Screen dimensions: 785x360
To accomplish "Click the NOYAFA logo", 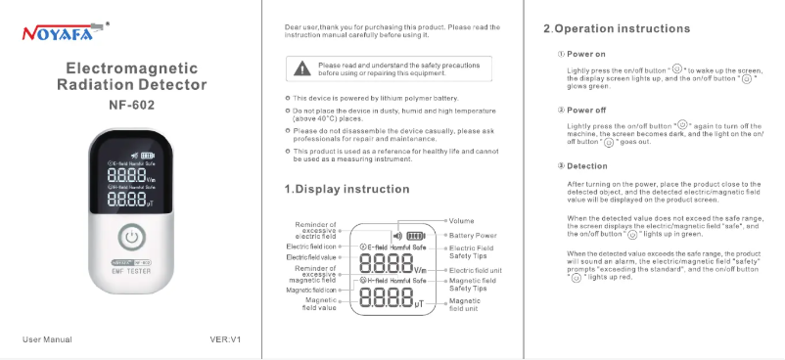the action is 66,31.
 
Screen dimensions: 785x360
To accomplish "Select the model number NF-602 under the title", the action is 132,105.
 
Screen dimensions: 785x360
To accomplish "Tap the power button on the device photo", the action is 132,238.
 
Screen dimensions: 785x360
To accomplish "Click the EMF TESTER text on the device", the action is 131,271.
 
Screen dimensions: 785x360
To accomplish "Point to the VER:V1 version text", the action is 225,339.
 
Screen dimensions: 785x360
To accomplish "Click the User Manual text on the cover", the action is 47,339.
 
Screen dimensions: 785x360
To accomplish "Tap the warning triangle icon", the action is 301,68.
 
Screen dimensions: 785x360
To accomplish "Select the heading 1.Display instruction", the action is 346,189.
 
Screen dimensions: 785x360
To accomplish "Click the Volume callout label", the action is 461,221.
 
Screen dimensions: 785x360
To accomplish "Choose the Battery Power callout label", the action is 473,236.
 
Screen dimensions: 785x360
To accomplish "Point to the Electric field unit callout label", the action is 475,270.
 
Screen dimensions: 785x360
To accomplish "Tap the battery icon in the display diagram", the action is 416,236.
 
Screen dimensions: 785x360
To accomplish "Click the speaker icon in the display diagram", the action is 397,236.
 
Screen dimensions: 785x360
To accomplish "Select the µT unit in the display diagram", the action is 420,303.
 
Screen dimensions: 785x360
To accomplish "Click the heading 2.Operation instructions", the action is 617,28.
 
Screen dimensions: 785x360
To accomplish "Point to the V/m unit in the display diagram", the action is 420,270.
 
